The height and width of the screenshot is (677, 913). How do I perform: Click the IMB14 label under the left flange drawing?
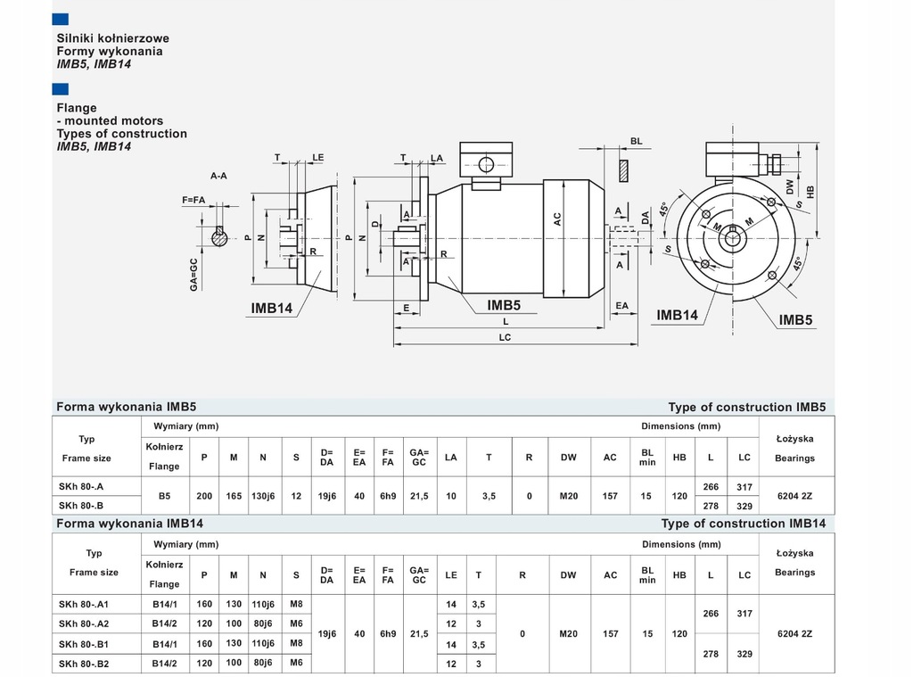271,309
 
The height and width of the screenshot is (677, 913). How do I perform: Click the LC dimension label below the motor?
506,337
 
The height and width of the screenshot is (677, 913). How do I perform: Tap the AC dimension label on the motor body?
557,219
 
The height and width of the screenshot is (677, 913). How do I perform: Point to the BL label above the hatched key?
636,141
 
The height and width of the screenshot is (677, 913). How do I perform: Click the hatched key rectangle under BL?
623,169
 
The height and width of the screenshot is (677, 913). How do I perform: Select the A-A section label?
218,176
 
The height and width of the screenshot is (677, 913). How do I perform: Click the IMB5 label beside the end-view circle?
795,319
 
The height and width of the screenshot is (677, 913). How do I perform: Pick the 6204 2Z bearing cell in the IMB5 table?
794,496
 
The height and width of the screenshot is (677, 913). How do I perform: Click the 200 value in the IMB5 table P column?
205,496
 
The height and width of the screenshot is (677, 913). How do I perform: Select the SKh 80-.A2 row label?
83,623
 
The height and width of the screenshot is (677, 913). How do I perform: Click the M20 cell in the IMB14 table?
569,633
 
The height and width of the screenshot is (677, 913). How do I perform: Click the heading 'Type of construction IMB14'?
743,524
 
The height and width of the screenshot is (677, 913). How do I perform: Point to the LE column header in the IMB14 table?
451,575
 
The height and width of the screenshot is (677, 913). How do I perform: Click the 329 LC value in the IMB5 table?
744,505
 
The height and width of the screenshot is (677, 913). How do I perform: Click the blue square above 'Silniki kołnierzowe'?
61,19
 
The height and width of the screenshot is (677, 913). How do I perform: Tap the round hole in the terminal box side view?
486,164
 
